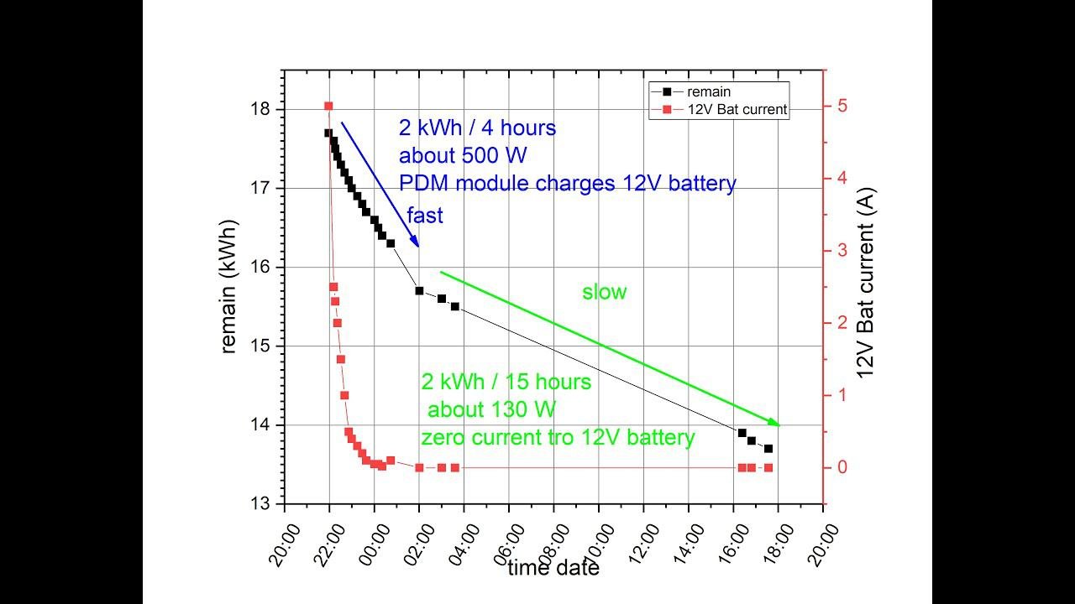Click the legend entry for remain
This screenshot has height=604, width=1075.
[709, 92]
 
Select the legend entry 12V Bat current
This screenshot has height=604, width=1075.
[737, 109]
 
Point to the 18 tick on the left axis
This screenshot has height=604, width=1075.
[260, 109]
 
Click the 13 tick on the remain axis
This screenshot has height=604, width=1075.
[260, 503]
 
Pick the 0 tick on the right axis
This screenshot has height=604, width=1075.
[841, 467]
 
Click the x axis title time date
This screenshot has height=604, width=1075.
[553, 568]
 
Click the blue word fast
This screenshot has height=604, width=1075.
[425, 216]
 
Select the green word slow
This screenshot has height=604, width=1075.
[605, 292]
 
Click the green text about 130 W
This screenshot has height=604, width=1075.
[491, 409]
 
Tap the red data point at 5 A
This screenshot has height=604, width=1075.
[328, 106]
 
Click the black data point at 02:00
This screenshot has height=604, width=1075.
[419, 290]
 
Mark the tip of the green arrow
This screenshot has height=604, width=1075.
[779, 425]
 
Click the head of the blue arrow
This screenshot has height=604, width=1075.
[417, 246]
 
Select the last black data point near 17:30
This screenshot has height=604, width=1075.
[768, 449]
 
